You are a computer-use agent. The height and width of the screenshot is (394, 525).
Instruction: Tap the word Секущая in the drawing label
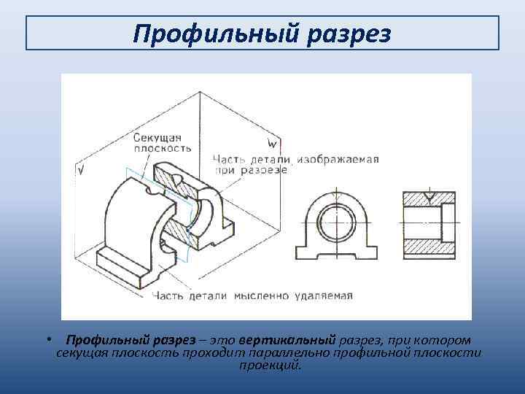[x=157, y=136]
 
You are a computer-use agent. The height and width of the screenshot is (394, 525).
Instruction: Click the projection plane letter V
[x=80, y=170]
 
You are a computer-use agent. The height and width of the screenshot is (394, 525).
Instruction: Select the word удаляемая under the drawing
[x=324, y=295]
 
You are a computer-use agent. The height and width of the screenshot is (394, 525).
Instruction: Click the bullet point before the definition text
[x=46, y=340]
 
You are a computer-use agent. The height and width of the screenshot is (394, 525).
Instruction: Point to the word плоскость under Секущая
[x=163, y=147]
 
